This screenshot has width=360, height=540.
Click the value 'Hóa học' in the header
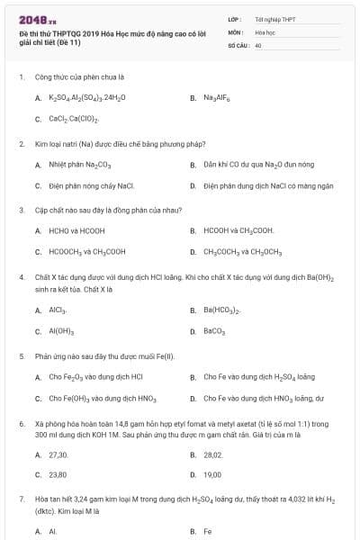click(x=265, y=31)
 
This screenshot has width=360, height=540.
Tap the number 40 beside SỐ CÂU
click(x=258, y=43)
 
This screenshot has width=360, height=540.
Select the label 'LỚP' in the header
click(x=235, y=18)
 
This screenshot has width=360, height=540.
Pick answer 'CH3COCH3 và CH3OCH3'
click(x=242, y=252)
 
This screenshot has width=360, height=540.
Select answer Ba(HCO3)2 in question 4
click(x=220, y=310)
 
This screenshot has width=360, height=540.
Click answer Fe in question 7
click(x=208, y=531)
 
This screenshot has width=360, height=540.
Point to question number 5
click(x=21, y=356)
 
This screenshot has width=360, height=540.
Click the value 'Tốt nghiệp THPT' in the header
click(x=276, y=18)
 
